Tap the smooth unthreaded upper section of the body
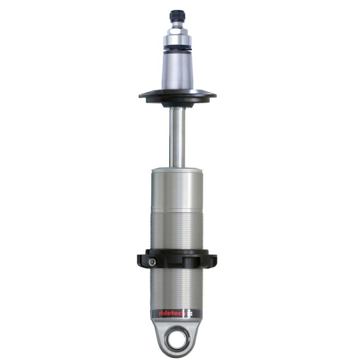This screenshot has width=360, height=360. point(176,188)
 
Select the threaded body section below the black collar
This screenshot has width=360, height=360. point(176,288)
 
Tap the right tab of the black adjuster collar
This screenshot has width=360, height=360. point(212,259)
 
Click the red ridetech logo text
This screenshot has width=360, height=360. point(165,313)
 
